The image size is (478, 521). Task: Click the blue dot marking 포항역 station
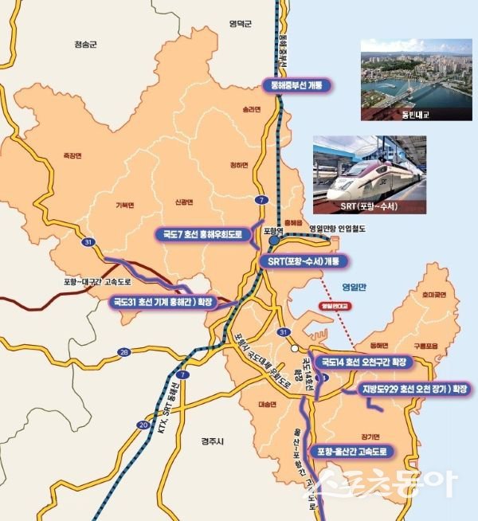[273, 240]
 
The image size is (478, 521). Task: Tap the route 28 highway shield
[123, 351]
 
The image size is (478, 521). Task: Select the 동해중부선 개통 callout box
[297, 84]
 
